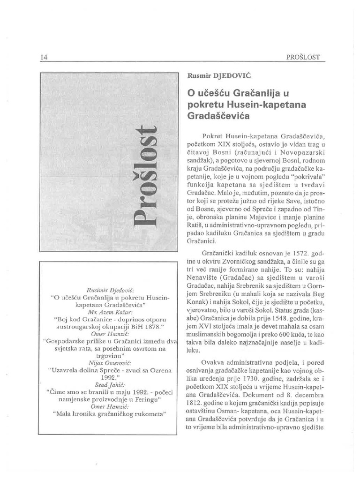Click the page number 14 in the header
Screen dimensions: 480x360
click(x=45, y=57)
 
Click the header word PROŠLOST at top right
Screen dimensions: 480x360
click(x=303, y=57)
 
